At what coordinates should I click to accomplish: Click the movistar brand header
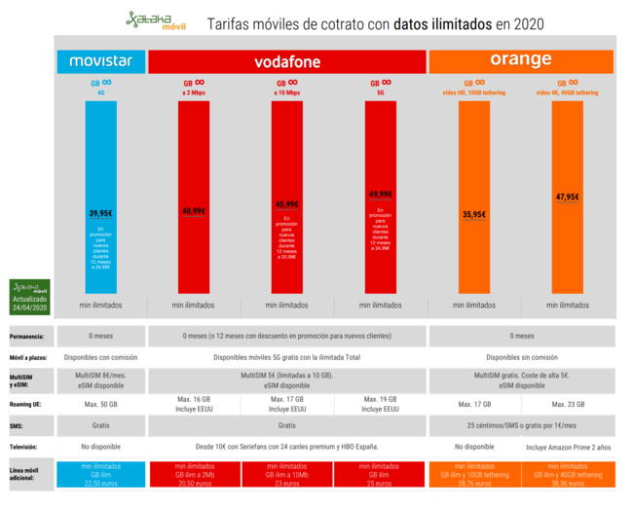pos(100,61)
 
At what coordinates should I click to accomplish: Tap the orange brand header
pos(520,60)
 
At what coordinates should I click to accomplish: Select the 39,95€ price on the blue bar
pos(100,213)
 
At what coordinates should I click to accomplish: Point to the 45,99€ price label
pos(286,204)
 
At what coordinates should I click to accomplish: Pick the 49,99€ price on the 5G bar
pos(380,194)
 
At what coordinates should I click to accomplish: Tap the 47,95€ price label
pos(567,197)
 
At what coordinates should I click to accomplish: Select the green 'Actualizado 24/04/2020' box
pos(30,298)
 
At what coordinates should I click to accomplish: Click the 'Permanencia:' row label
pos(28,337)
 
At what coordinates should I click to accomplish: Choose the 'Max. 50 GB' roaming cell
pos(100,404)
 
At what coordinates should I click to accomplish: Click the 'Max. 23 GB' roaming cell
pos(567,404)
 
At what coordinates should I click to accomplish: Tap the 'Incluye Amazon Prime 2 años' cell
pos(567,449)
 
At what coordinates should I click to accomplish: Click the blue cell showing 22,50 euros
pos(100,473)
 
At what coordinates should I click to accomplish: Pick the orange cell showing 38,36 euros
pos(567,473)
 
